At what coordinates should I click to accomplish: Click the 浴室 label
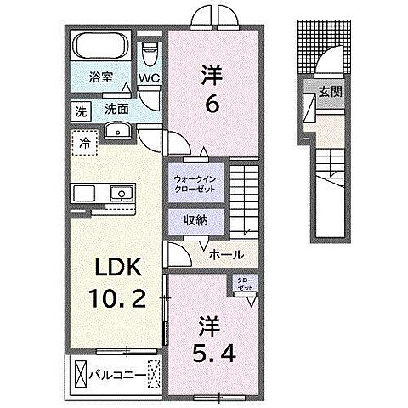click(102, 77)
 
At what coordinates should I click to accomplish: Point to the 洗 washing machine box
click(81, 110)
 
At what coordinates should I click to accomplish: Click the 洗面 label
click(116, 109)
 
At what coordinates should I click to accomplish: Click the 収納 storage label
click(195, 219)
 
